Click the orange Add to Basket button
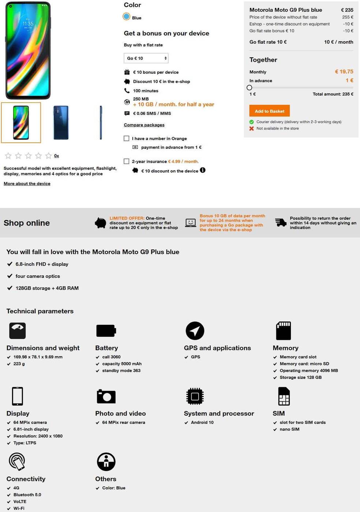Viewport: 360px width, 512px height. tap(269, 111)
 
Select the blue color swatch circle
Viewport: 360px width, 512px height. tap(127, 16)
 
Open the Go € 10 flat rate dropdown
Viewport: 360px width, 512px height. tap(146, 58)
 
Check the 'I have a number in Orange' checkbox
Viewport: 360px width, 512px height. tap(127, 139)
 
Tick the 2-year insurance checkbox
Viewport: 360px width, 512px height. tap(127, 161)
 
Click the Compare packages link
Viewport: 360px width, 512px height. tap(144, 125)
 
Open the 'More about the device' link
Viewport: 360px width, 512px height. tap(27, 184)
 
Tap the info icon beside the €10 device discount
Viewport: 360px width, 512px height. tap(203, 170)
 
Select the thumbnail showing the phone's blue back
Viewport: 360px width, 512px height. tap(61, 123)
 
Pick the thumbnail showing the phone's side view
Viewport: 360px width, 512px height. tap(101, 123)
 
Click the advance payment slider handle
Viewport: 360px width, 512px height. tap(250, 88)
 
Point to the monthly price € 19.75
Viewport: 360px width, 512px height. tap(344, 72)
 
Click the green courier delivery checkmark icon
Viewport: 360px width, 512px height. tap(252, 122)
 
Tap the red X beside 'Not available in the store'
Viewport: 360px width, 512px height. tap(252, 128)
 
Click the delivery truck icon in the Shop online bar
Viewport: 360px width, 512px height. tap(281, 222)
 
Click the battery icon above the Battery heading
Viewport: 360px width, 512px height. tap(106, 331)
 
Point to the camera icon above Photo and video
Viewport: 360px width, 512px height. tap(106, 396)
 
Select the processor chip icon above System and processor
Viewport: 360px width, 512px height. tap(195, 396)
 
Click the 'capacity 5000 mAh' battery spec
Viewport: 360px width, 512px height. tap(121, 364)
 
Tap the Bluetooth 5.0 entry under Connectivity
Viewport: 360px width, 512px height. tap(27, 495)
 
